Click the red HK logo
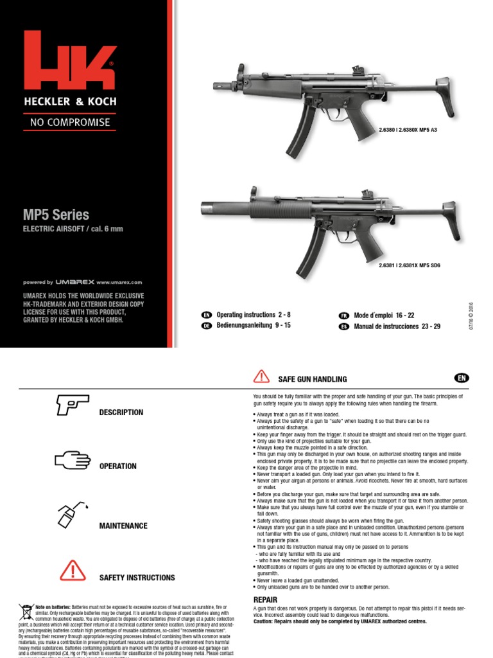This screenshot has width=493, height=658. (70, 61)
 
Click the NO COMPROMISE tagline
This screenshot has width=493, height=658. (70, 121)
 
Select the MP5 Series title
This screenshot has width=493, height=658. (56, 215)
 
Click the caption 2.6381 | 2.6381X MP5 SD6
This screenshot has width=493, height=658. (409, 265)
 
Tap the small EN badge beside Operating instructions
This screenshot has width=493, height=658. (207, 316)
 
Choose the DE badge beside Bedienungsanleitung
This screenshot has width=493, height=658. (207, 326)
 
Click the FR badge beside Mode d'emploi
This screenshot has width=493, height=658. (343, 316)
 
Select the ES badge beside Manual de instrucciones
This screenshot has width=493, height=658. (343, 326)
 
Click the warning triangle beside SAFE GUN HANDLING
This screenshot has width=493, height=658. (262, 377)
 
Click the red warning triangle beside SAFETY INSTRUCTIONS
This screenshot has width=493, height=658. (73, 571)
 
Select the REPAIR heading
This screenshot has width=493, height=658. (265, 600)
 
